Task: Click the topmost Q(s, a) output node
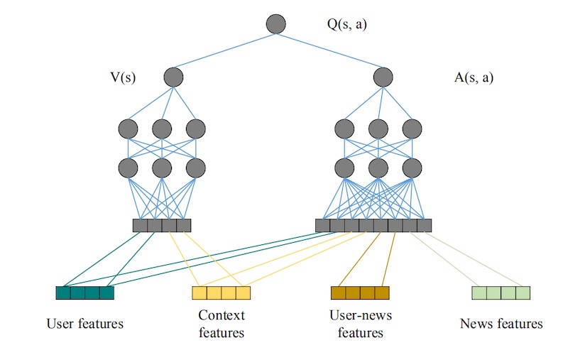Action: click(x=275, y=24)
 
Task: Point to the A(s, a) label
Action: click(x=474, y=77)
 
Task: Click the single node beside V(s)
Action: click(x=173, y=77)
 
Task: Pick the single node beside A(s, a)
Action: click(x=383, y=77)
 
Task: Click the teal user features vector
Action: click(x=85, y=293)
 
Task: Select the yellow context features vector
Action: click(x=222, y=293)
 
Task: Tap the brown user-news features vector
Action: click(x=360, y=293)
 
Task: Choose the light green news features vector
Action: click(x=501, y=293)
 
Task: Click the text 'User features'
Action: click(x=85, y=324)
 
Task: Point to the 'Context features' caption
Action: click(x=222, y=324)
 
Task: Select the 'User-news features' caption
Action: click(x=360, y=324)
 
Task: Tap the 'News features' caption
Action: click(x=501, y=324)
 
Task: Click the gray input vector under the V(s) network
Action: click(x=162, y=226)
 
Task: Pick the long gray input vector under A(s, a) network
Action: click(x=373, y=226)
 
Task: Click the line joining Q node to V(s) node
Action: click(x=224, y=51)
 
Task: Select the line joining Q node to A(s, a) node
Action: click(x=329, y=51)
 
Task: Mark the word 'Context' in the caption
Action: click(x=222, y=315)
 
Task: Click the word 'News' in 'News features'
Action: click(x=476, y=324)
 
